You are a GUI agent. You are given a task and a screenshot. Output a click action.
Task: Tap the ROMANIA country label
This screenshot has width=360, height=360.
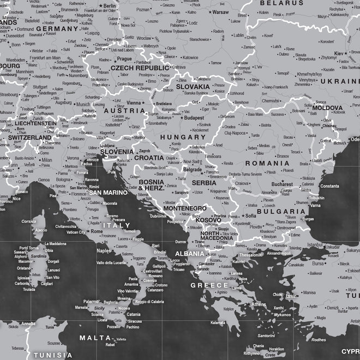267,163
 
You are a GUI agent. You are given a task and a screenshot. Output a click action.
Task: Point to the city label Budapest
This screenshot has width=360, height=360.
194,117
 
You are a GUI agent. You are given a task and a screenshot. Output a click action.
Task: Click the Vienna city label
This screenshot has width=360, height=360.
133,103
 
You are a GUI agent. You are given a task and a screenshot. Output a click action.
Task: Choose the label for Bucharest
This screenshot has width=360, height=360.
281,184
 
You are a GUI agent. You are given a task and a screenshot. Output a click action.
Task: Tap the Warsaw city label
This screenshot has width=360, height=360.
220,11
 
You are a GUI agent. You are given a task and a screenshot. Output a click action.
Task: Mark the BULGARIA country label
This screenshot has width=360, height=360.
281,211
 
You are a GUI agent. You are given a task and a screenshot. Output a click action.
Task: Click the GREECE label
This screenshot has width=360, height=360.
209,285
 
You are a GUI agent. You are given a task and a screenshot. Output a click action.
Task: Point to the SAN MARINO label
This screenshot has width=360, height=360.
109,192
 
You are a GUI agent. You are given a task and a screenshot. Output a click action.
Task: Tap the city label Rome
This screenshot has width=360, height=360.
97,231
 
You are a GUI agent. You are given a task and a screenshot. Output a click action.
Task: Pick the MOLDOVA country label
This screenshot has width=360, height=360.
327,108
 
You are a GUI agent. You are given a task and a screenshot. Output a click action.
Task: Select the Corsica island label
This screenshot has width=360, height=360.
28,221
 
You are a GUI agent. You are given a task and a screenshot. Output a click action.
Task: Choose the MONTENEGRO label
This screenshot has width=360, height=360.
185,208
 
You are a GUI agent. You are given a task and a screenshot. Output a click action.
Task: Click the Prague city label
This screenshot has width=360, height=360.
124,58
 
